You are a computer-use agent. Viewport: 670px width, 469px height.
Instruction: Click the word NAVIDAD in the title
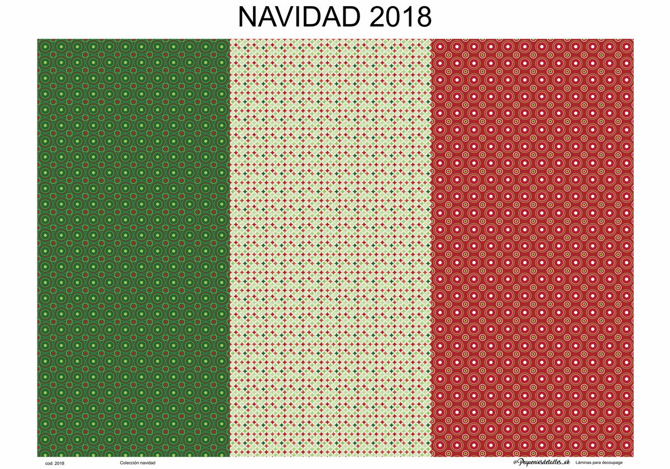click(299, 17)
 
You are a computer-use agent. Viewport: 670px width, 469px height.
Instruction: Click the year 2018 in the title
click(400, 17)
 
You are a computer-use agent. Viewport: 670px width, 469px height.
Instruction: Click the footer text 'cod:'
click(49, 463)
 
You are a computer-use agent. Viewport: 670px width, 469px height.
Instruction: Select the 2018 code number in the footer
click(60, 463)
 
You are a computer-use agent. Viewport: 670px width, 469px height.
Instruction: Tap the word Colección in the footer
click(130, 463)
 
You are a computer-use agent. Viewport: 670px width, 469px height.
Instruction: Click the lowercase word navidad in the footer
click(148, 463)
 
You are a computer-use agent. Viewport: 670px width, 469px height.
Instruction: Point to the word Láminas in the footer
click(586, 463)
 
